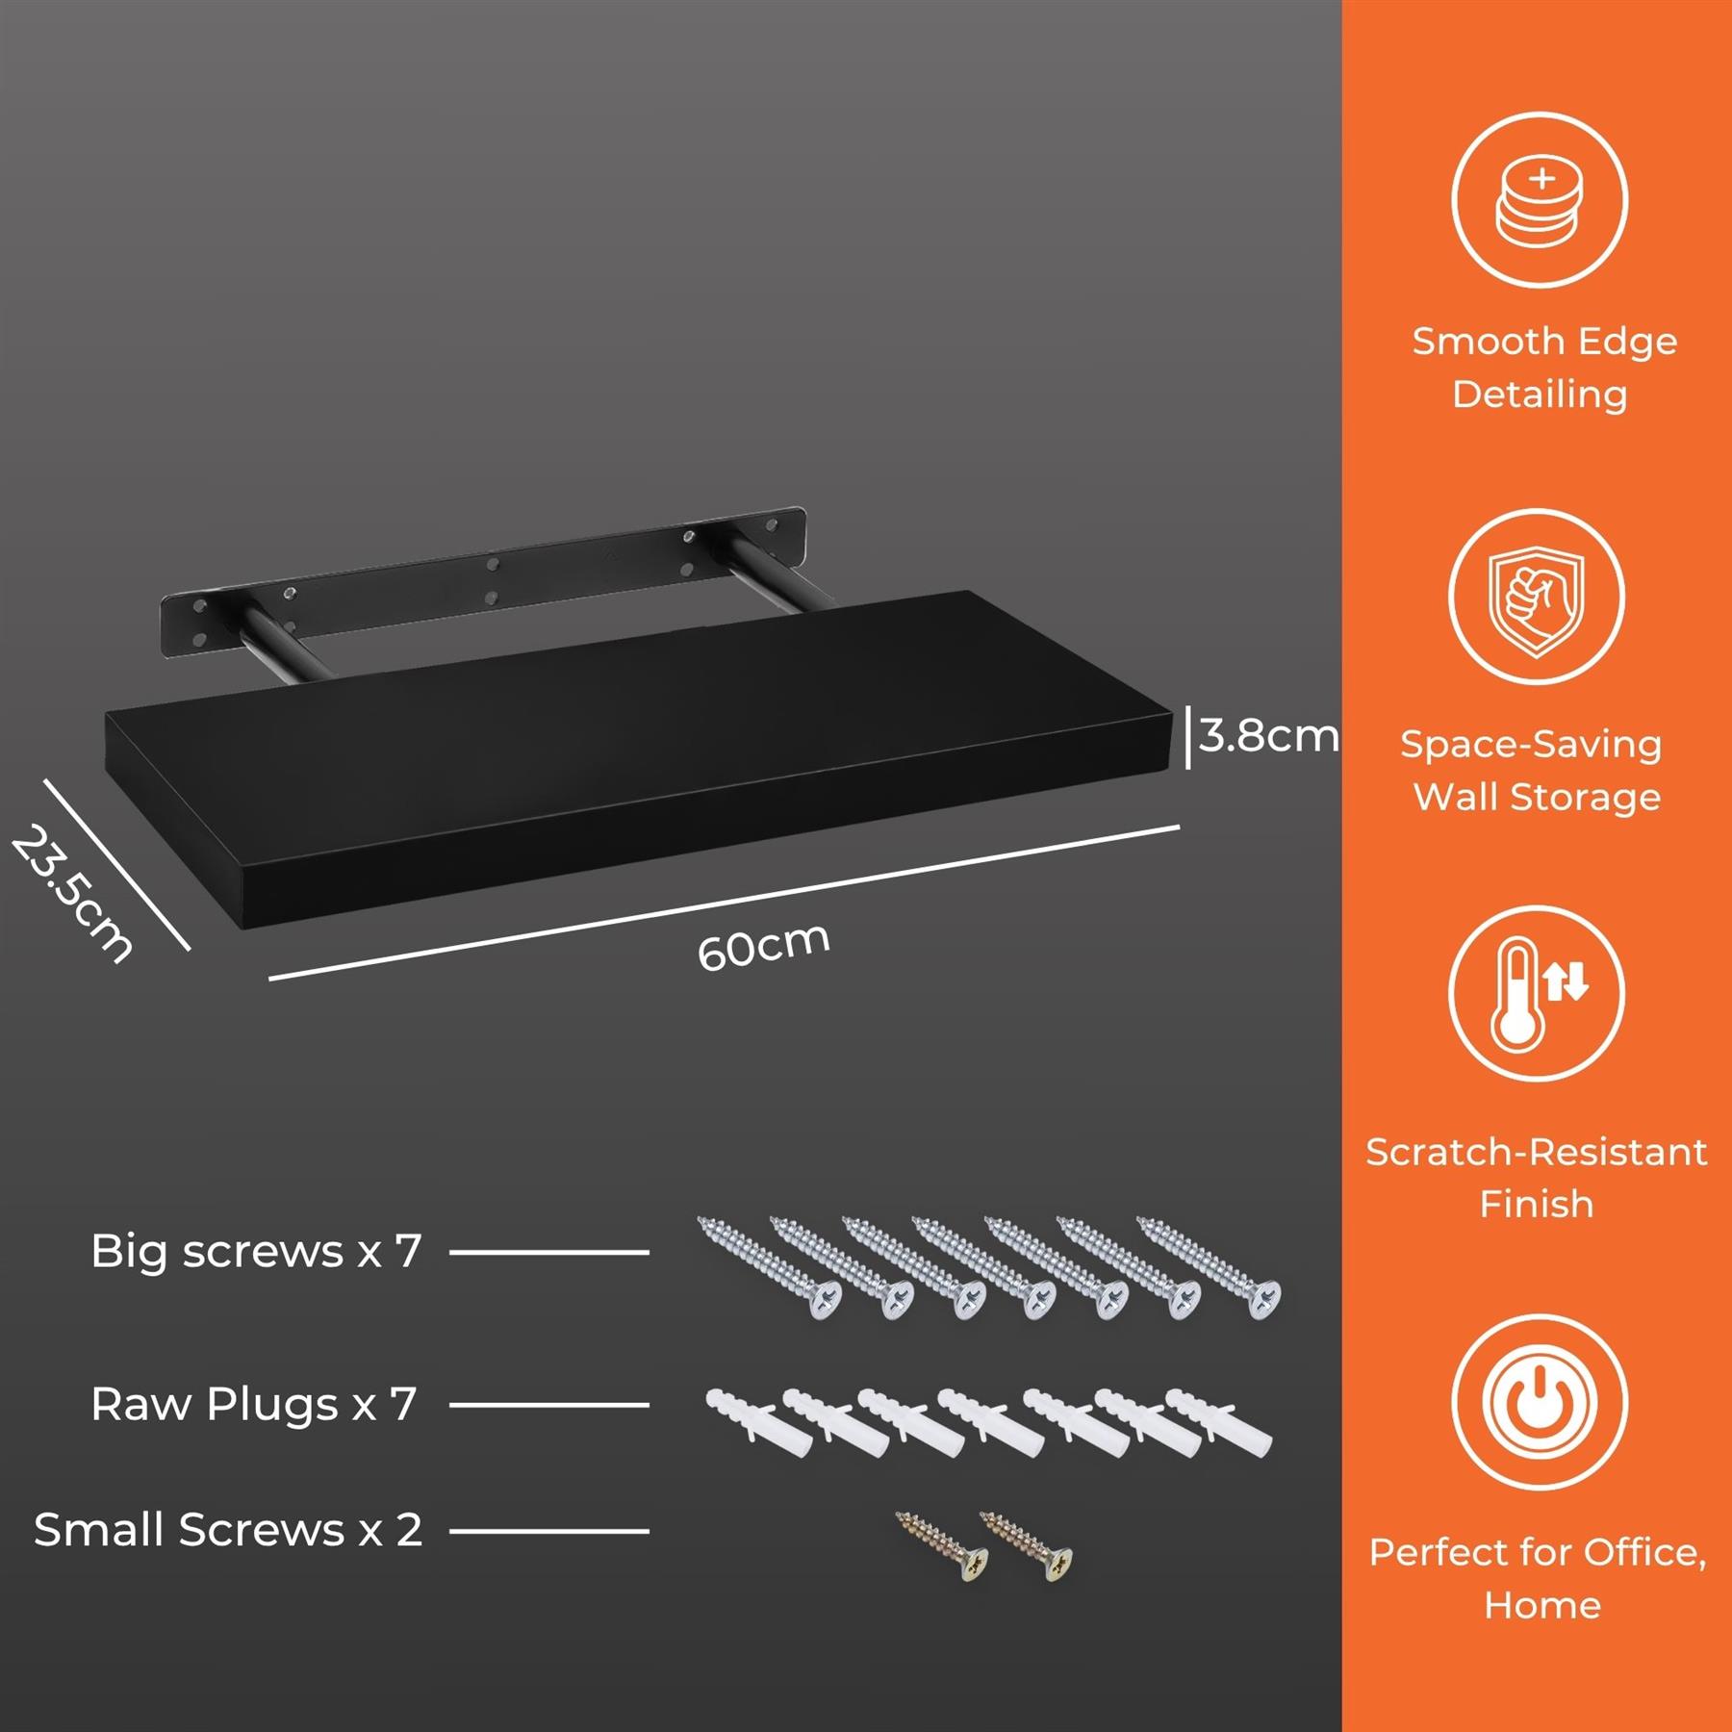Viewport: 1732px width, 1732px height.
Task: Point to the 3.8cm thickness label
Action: click(x=1268, y=736)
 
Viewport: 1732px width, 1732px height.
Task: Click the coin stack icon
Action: click(x=1540, y=201)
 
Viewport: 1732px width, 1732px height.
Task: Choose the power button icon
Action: click(x=1540, y=1402)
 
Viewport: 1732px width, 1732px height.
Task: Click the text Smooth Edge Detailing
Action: click(x=1543, y=368)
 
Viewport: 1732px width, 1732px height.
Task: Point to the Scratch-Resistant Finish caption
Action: click(x=1537, y=1178)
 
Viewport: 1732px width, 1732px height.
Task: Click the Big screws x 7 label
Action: click(x=256, y=1252)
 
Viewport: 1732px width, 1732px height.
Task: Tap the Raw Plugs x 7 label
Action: click(x=254, y=1405)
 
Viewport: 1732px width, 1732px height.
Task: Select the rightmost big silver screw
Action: click(x=1210, y=1267)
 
